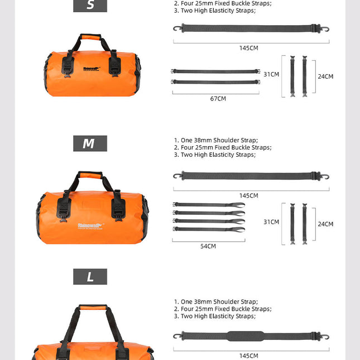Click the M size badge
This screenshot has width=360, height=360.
coord(89,143)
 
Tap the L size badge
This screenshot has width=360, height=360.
coord(89,277)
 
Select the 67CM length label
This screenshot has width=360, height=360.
coord(218,99)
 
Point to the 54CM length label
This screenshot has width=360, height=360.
coord(208,246)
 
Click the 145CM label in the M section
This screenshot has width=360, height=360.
coord(249,196)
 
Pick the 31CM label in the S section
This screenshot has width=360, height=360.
coord(271,74)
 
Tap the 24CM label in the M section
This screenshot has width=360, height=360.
coord(325,224)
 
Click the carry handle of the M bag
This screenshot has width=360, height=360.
coord(90,176)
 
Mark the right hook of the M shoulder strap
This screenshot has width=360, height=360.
coord(325,176)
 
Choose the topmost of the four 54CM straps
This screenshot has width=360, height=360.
coord(209,205)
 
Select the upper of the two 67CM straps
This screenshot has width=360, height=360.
coord(215,71)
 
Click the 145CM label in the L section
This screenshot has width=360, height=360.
coord(249,356)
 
